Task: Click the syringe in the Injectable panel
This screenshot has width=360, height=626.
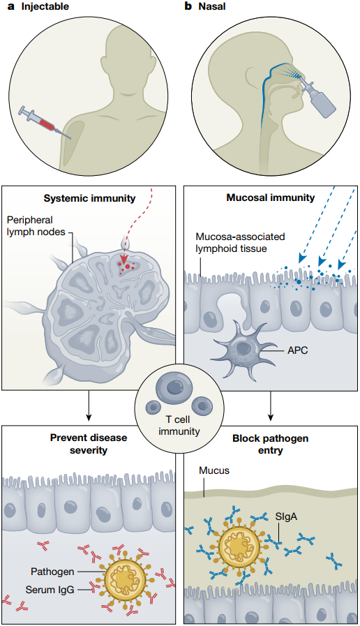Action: pos(45,123)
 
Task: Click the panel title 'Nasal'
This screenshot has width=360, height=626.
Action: pos(212,6)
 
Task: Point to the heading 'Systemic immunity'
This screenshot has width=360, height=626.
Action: pos(89,198)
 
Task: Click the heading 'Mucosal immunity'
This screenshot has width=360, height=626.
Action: pos(271,198)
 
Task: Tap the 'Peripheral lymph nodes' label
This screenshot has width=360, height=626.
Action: pos(36,225)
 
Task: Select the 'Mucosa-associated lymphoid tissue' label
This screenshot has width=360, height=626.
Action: pos(240,242)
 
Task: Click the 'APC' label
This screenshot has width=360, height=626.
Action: pos(298,351)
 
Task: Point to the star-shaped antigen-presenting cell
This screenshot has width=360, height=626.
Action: pos(242,350)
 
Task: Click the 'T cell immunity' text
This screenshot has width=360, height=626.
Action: pos(179,425)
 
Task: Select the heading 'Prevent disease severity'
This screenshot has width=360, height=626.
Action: pos(89,444)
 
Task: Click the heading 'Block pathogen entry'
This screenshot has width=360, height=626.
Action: pos(271,445)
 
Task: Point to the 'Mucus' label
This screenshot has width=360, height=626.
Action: pos(214,470)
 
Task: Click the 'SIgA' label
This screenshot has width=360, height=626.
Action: pos(287,517)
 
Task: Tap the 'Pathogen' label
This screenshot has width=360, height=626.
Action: pos(52,572)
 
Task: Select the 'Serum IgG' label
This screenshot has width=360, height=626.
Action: pos(50,589)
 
